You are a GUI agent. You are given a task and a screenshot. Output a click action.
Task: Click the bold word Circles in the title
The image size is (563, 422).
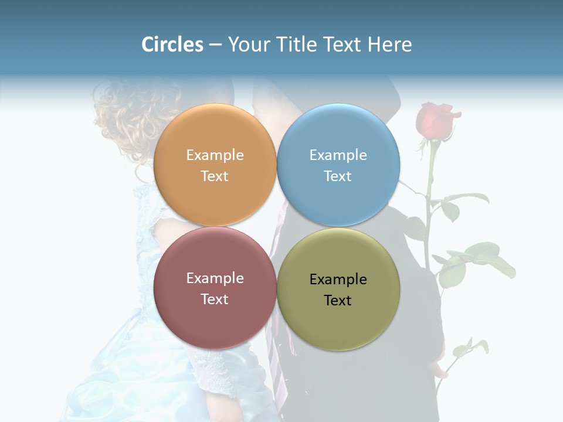click(172, 45)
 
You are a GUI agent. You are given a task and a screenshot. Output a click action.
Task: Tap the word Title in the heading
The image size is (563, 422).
click(297, 45)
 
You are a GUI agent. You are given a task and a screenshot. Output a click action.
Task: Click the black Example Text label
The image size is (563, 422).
click(338, 290)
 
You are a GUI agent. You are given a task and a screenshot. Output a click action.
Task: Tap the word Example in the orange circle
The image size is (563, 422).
click(215, 155)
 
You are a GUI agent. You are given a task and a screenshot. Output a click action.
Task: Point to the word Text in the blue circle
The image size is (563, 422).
click(338, 176)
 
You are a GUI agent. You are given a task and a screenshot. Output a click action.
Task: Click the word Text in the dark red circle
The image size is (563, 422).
click(215, 299)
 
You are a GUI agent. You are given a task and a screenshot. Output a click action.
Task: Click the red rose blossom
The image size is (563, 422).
click(435, 120)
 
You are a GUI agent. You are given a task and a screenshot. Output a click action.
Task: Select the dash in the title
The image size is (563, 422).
click(215, 45)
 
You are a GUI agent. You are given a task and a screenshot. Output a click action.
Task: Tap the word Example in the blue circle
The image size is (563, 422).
click(338, 155)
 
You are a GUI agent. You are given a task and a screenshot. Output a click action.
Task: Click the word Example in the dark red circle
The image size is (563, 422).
click(215, 278)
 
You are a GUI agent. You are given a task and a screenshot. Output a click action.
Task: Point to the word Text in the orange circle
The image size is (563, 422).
click(215, 176)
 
